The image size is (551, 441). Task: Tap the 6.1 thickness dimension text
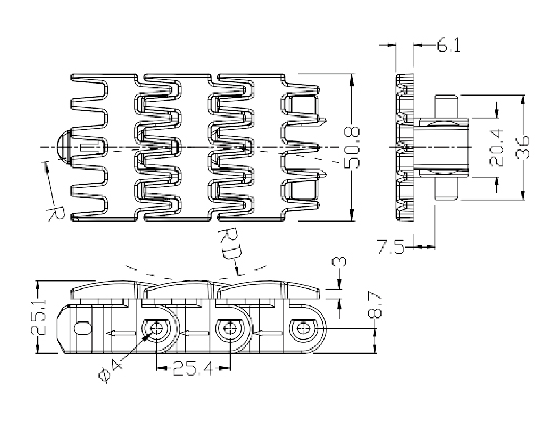[448, 46]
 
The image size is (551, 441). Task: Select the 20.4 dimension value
[497, 147]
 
